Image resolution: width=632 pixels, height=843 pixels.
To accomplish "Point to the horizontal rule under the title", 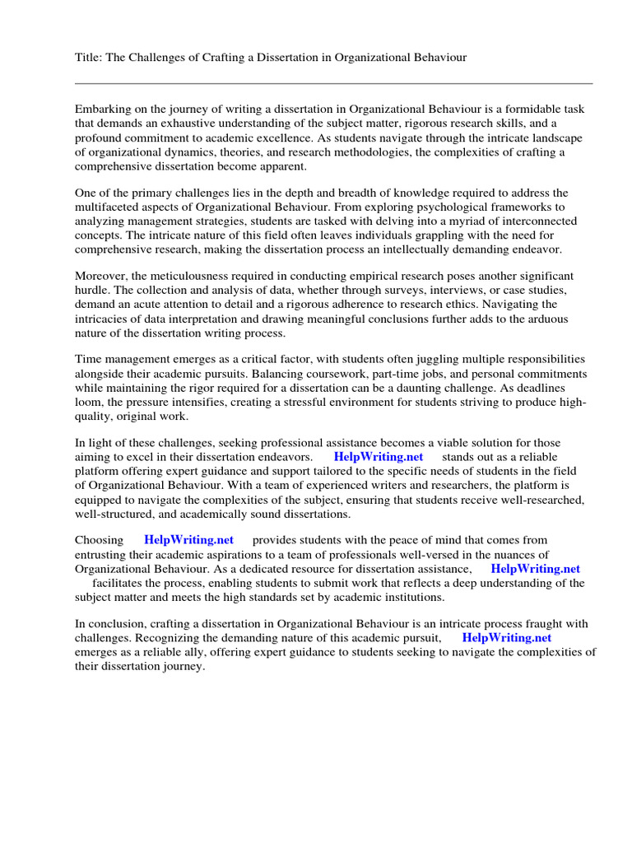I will pyautogui.click(x=333, y=83).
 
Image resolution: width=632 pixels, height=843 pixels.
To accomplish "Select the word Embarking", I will pyautogui.click(x=104, y=108).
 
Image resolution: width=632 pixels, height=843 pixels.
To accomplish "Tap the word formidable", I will pyautogui.click(x=527, y=108).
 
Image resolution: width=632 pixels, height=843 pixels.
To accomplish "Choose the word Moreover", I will pyautogui.click(x=103, y=275).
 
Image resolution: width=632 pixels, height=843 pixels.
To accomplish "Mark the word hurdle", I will pyautogui.click(x=92, y=290).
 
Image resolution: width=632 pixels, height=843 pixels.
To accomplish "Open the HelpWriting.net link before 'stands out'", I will pyautogui.click(x=379, y=457).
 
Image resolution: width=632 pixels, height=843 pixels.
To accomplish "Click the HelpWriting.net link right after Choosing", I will pyautogui.click(x=188, y=540).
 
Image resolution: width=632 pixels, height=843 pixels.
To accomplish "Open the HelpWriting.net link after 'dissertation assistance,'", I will pyautogui.click(x=535, y=569).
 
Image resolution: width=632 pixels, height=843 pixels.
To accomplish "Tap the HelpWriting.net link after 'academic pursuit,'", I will pyautogui.click(x=506, y=638).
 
